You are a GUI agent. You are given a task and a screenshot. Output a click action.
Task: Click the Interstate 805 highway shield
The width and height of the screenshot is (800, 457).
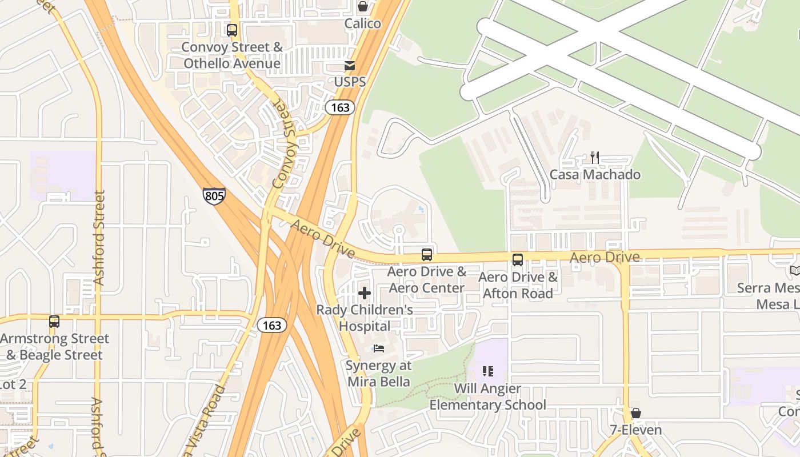coord(214,197)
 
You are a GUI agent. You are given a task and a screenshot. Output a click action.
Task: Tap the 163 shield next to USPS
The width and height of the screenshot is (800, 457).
coord(340,107)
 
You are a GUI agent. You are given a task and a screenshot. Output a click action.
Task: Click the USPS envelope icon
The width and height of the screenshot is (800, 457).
coord(350,66)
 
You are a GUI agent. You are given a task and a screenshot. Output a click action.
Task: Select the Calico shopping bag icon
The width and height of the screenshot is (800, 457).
coord(363,7)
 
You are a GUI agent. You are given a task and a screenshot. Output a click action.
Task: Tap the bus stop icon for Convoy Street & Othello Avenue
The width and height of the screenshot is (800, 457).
coord(232,30)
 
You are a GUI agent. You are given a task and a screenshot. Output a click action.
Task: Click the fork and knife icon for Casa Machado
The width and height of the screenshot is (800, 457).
coord(595,158)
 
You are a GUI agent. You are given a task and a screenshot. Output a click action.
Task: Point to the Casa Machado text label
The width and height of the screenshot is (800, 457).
coord(595,174)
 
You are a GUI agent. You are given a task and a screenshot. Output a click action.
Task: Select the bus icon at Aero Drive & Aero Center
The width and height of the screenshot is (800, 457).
coord(427,255)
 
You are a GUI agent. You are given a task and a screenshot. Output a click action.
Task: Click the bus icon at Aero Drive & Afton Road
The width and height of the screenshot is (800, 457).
coord(518,260)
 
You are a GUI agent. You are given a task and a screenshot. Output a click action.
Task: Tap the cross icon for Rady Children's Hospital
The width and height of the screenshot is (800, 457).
coord(365,293)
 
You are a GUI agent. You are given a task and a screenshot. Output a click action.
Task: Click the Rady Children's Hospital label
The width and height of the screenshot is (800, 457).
coord(365,318)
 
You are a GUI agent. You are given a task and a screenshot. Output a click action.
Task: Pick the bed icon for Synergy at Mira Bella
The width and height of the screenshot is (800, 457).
coord(378,348)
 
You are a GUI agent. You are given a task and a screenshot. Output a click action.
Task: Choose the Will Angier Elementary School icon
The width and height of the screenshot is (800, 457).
coord(487,372)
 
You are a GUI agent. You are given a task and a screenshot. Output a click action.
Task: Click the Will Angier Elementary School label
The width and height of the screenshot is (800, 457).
coord(487,397)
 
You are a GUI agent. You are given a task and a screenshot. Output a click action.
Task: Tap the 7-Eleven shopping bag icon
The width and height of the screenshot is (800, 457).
coord(635,413)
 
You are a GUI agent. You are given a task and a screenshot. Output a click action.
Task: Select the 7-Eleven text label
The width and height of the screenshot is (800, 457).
coord(635,430)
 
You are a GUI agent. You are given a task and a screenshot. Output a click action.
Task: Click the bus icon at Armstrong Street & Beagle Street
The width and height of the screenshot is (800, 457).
coord(54,322)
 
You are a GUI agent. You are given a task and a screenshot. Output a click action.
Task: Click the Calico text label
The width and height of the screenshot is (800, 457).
coord(363,23)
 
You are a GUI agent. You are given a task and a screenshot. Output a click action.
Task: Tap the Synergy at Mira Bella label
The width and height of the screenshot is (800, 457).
coord(378,373)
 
